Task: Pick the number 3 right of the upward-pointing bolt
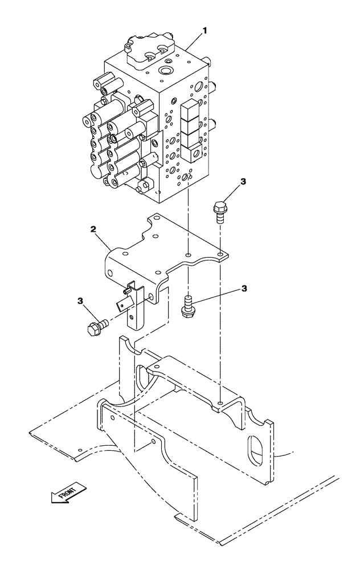[244, 288]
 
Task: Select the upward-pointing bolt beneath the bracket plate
[188, 306]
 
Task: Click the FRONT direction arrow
[67, 494]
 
